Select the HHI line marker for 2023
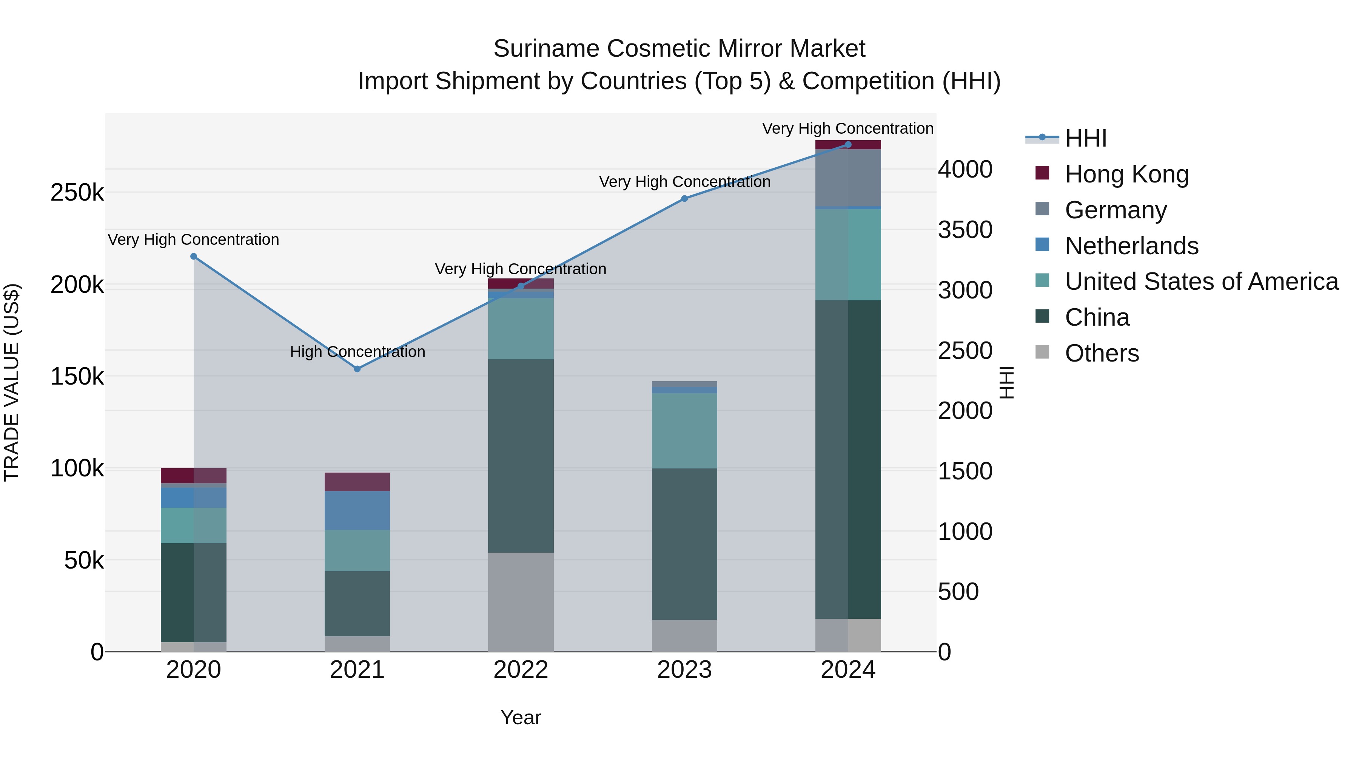(684, 198)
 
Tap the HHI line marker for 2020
(194, 257)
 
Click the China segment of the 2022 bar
(521, 456)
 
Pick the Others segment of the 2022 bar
(521, 602)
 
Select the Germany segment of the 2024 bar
(848, 178)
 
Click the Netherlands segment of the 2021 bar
(357, 510)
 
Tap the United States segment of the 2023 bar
(684, 431)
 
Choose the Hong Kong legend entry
(1126, 174)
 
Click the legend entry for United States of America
(1201, 281)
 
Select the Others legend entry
(1102, 353)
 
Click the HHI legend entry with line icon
(1085, 138)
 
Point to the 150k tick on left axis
(77, 377)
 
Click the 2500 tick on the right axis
(965, 351)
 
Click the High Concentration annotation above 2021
(357, 352)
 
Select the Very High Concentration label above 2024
(848, 128)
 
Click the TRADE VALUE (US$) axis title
(12, 382)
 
